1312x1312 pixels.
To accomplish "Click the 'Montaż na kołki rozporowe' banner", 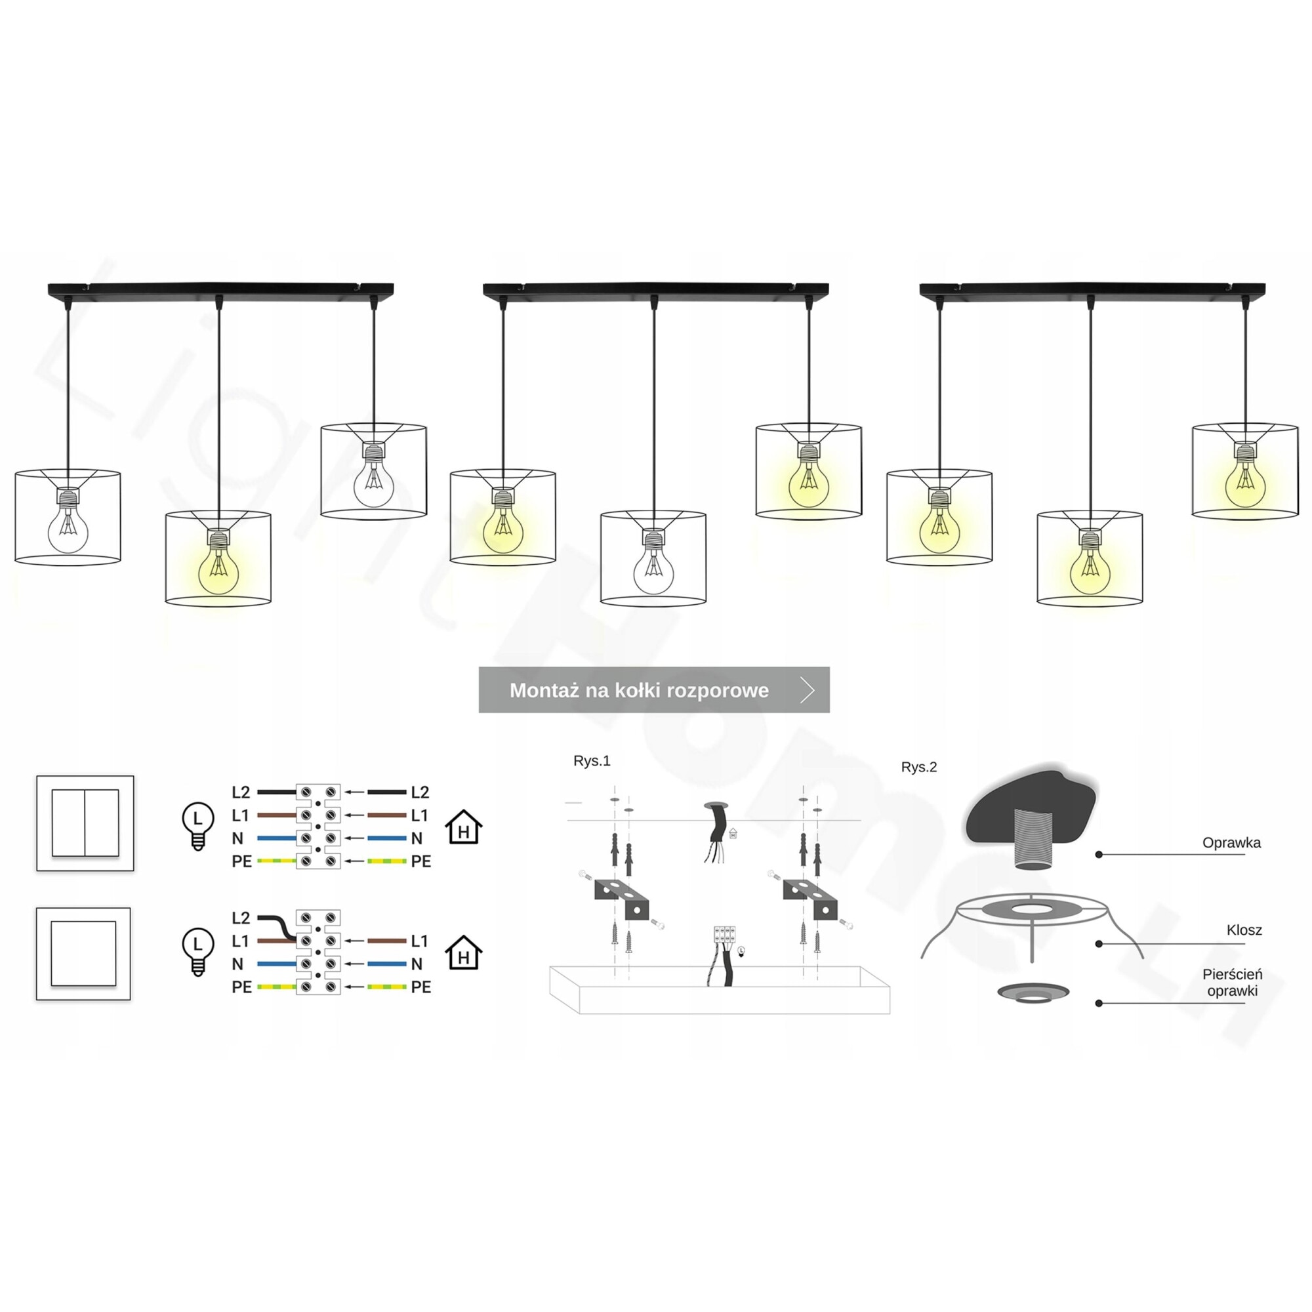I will coord(638,690).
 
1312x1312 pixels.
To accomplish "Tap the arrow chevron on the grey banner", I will coord(807,690).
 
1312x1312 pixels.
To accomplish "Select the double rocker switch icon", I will coord(85,823).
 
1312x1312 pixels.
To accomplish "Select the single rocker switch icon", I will coord(83,953).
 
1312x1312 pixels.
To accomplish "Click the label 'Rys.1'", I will coord(592,760).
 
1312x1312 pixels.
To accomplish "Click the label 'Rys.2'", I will coord(919,767).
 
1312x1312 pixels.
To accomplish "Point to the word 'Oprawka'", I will coord(1231,843).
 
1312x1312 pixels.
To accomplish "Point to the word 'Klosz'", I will coord(1244,930).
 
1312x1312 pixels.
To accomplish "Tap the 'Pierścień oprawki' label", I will coord(1232,983).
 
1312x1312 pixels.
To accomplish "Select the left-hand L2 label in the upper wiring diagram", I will coord(241,792).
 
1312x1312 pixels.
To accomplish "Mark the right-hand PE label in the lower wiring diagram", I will coord(421,987).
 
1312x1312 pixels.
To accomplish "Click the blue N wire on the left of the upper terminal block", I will coord(276,838).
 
